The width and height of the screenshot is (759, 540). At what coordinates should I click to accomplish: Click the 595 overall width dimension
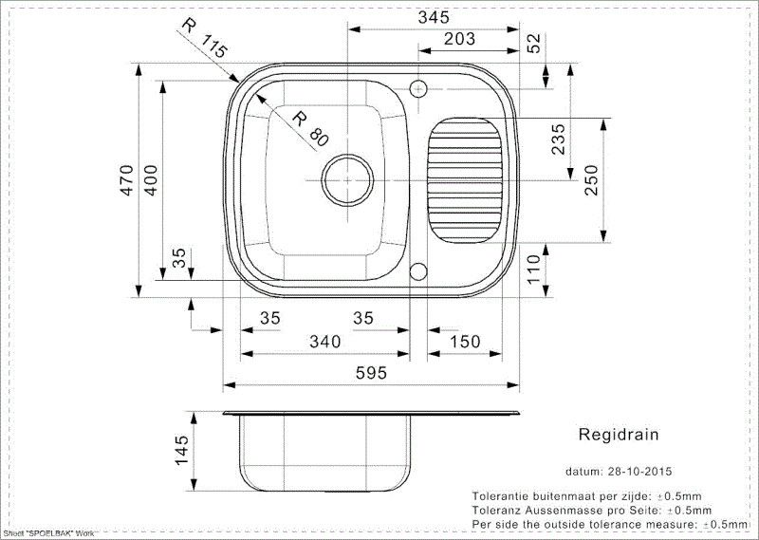click(x=372, y=373)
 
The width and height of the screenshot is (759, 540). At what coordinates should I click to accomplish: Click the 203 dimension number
click(x=460, y=39)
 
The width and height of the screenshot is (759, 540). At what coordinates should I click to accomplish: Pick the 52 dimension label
click(x=533, y=42)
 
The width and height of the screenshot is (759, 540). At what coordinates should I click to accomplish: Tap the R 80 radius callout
click(x=308, y=129)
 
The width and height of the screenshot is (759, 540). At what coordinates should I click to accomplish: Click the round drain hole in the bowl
click(x=345, y=177)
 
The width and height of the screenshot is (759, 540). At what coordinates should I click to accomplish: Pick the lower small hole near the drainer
click(x=418, y=273)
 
